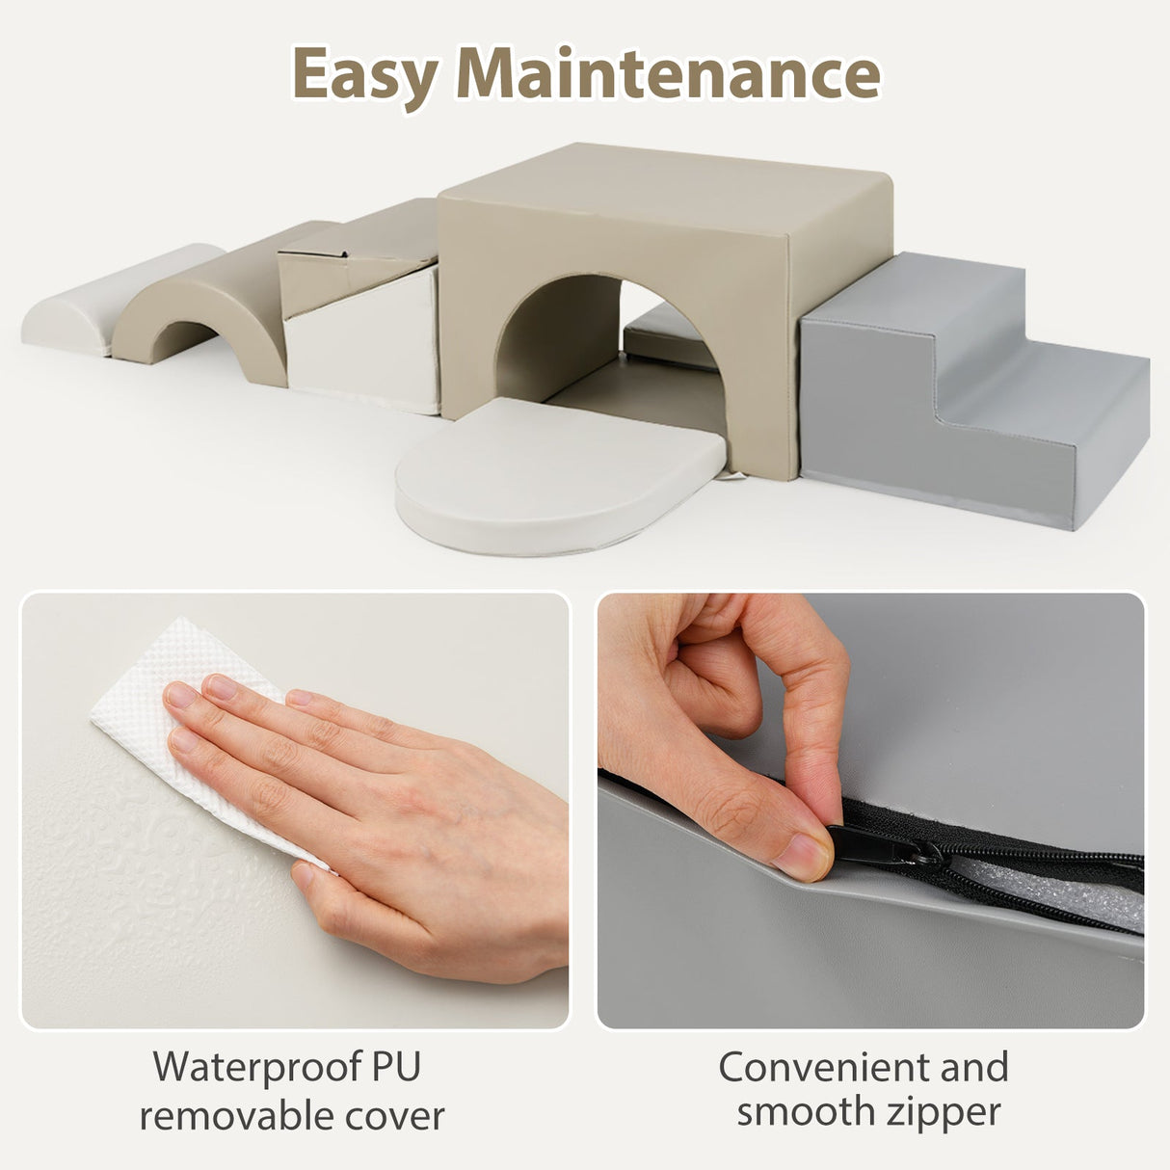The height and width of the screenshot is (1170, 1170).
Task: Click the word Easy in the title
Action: coord(366,77)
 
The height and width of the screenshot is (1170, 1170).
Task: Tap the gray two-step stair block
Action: coord(971,388)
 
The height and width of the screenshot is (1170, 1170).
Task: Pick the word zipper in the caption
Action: coord(944,1084)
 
